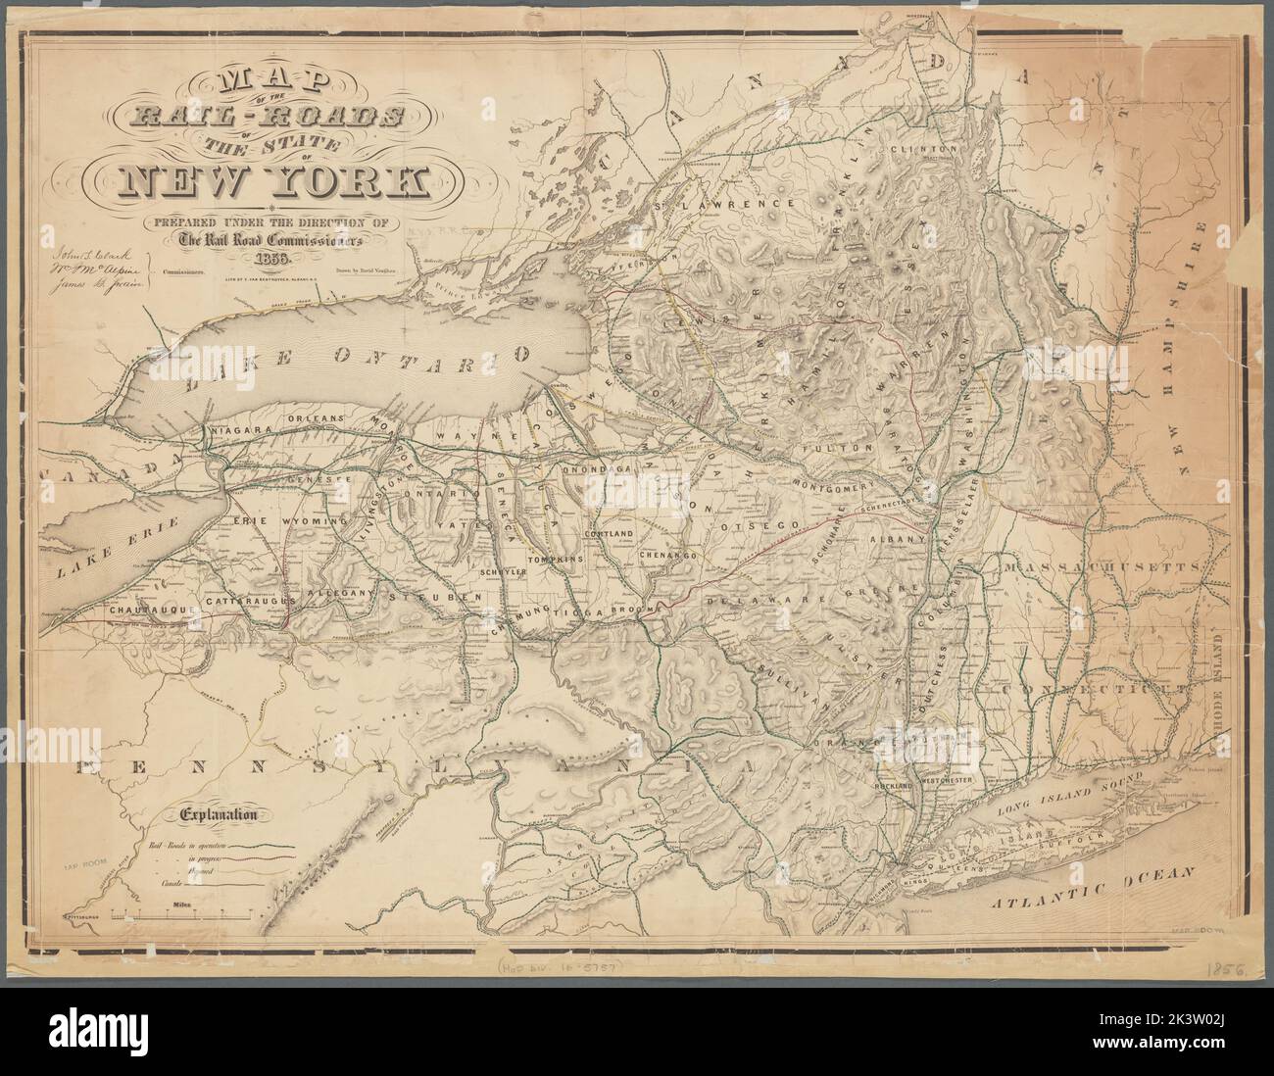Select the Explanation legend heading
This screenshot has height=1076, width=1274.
coord(218,812)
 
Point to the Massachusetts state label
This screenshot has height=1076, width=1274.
coord(1104,567)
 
